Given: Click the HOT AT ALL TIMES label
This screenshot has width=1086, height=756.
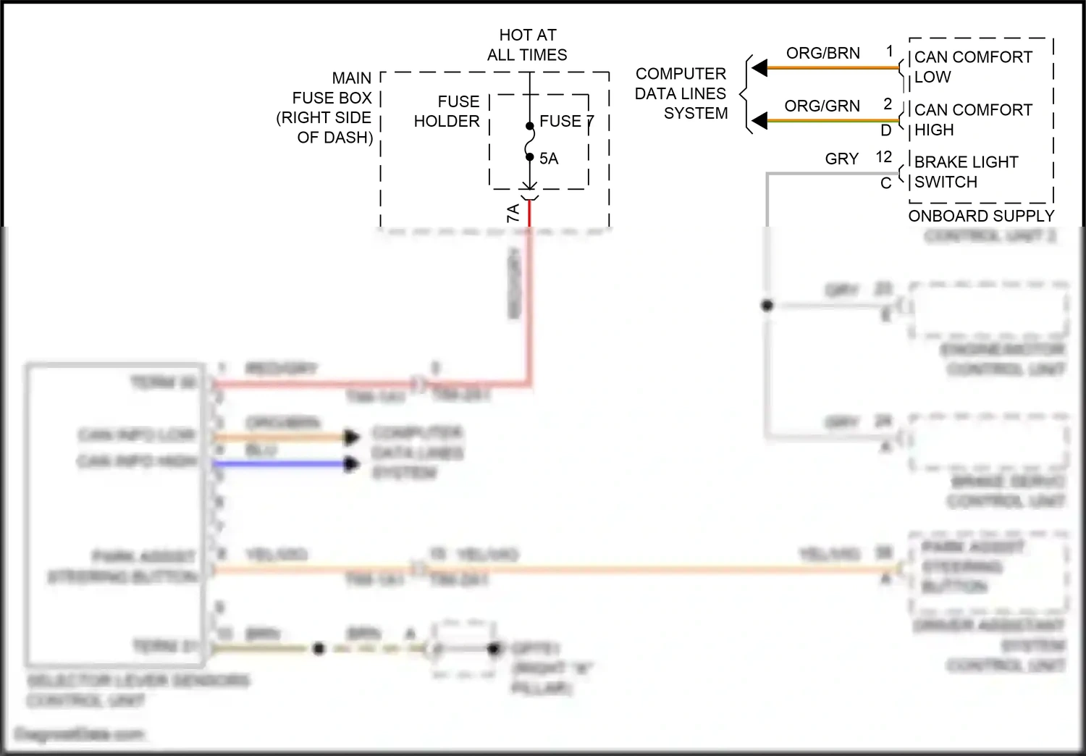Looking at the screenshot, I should click(x=527, y=45).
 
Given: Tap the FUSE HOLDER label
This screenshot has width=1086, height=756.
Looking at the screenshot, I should click(x=447, y=112).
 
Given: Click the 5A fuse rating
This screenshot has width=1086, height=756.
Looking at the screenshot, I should click(x=549, y=159).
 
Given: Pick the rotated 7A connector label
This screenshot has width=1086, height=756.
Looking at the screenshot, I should click(x=513, y=213).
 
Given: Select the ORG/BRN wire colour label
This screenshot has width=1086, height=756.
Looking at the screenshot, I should click(x=823, y=54).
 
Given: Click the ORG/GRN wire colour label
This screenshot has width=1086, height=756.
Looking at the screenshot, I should click(x=822, y=106).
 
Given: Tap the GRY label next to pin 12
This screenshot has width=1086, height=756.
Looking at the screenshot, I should click(x=842, y=159).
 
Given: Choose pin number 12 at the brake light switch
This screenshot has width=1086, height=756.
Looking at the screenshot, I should click(x=884, y=157).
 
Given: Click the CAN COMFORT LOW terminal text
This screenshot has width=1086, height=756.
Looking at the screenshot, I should click(x=972, y=67).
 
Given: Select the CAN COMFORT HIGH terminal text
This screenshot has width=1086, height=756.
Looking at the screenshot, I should click(x=972, y=119).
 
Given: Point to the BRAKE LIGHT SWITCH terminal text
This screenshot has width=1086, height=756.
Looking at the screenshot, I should click(x=966, y=172).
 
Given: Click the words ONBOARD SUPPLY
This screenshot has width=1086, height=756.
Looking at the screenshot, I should click(x=981, y=216).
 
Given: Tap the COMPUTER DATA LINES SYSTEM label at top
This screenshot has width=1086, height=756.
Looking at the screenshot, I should click(x=681, y=93).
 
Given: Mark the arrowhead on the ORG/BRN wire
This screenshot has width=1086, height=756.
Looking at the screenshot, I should click(x=759, y=68).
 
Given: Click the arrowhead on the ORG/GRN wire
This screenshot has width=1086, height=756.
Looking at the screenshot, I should click(x=759, y=121).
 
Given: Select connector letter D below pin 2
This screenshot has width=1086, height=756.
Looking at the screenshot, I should click(x=886, y=130).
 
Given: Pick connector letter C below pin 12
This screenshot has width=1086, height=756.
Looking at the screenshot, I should click(x=885, y=183).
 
